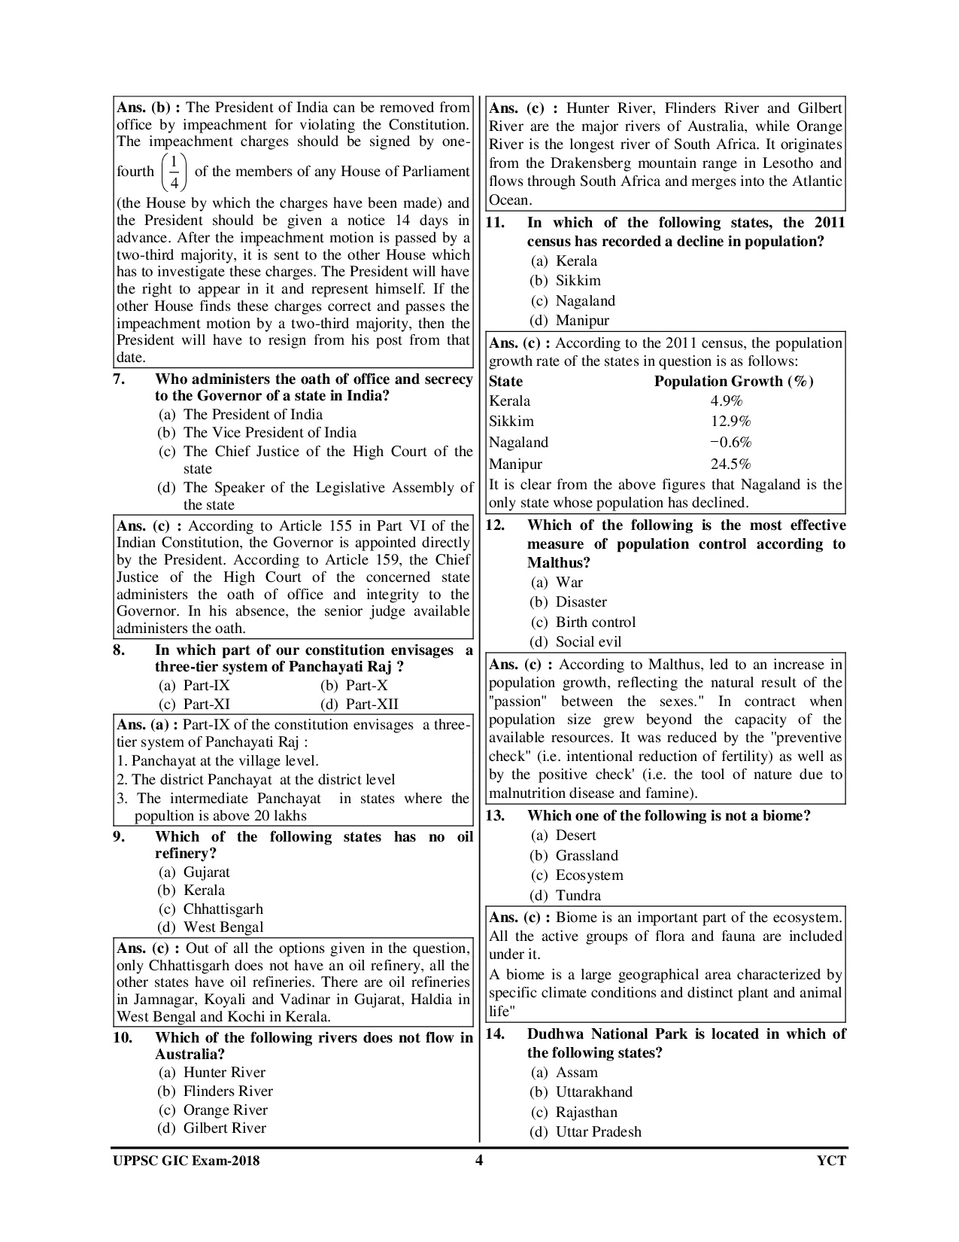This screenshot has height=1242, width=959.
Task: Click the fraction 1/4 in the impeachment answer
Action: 174,172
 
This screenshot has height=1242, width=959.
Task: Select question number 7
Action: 119,379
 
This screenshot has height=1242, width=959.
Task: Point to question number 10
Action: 123,1037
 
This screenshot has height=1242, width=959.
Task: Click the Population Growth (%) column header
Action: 733,381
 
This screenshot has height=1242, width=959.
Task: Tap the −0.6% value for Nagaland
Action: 730,443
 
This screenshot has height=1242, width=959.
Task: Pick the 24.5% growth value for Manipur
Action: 730,464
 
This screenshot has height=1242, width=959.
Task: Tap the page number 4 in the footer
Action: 479,1160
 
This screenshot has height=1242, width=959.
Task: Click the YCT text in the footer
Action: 831,1161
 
